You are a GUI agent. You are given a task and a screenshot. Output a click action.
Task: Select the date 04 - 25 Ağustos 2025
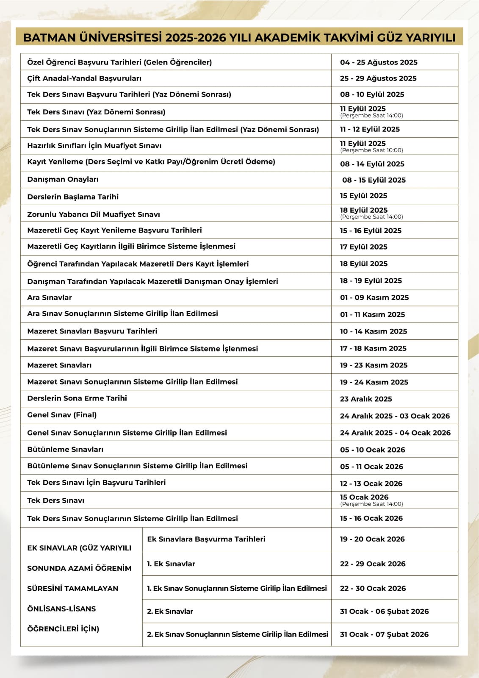(x=379, y=62)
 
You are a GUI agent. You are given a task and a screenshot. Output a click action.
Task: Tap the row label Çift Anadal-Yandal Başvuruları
(x=84, y=78)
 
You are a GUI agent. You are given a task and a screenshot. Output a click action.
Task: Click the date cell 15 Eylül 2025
(x=363, y=196)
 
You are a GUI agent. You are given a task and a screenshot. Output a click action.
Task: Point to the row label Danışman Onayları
(x=63, y=179)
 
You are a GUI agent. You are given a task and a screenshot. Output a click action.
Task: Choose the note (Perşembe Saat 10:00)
(x=371, y=150)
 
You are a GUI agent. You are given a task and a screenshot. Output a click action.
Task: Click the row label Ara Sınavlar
(x=50, y=297)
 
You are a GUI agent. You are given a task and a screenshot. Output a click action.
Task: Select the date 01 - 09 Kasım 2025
(x=374, y=297)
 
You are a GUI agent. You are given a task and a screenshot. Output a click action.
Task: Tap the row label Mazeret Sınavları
(x=59, y=365)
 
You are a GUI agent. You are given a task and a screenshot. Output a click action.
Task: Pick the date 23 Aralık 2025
(x=366, y=399)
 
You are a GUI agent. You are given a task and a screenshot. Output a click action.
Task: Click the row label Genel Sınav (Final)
(x=62, y=415)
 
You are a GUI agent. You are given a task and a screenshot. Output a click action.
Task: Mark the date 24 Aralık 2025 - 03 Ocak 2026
(x=395, y=416)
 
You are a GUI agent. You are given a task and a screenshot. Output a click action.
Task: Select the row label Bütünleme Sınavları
(x=65, y=449)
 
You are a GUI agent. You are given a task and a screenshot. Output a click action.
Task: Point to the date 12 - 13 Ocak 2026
(x=371, y=483)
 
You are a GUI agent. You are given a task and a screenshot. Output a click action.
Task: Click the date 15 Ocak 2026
(x=364, y=497)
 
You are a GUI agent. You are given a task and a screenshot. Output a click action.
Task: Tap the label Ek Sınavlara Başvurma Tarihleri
(x=206, y=539)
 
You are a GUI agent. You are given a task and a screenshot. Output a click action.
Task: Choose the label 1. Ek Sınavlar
(x=171, y=564)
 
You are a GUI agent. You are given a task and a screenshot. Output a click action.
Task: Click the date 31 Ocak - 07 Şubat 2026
(x=384, y=634)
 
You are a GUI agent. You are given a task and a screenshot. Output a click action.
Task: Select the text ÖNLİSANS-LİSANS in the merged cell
(x=61, y=609)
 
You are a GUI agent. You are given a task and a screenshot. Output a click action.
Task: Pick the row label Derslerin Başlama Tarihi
(x=73, y=197)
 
